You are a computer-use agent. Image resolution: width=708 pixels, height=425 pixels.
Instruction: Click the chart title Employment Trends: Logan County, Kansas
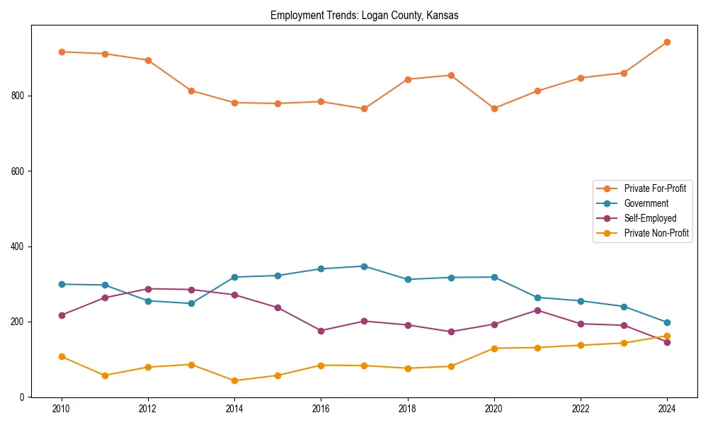click(364, 16)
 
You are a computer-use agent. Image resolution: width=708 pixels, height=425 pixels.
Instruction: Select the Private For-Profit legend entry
click(655, 188)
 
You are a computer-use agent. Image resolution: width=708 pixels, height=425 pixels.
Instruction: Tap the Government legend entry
click(646, 203)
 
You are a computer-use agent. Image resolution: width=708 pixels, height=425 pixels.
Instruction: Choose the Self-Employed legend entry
click(650, 218)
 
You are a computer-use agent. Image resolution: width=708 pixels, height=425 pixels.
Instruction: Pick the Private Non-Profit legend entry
click(656, 233)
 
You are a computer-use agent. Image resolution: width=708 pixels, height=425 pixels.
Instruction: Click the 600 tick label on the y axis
click(19, 171)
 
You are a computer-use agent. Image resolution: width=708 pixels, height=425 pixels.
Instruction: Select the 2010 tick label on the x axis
click(62, 409)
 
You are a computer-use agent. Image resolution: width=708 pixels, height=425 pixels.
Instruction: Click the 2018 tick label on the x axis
click(408, 409)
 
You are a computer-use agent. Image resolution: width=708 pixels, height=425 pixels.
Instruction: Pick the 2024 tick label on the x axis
click(667, 409)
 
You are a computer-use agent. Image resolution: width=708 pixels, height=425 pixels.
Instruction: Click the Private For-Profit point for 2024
click(667, 42)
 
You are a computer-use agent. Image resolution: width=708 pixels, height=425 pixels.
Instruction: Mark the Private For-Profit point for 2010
click(62, 52)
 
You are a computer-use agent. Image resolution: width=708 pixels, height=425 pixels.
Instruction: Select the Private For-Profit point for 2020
click(494, 108)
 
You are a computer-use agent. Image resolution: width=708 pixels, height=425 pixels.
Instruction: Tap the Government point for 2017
click(364, 266)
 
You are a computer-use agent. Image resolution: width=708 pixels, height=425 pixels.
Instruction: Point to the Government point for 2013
click(191, 303)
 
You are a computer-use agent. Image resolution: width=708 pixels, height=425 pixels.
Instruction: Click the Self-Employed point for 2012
click(148, 289)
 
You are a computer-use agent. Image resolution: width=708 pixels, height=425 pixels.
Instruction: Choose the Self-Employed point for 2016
click(321, 331)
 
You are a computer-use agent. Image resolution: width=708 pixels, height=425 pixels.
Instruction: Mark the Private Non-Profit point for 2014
click(234, 380)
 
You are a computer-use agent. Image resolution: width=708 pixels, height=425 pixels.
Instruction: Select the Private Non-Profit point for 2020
click(494, 348)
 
